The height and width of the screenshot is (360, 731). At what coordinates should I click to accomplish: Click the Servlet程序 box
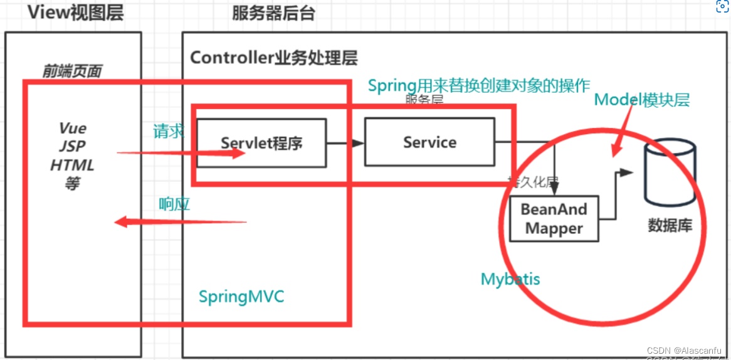[x=261, y=142]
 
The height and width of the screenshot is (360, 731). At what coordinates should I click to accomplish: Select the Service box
[x=429, y=142]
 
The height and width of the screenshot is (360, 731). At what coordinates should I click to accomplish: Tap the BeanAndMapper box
[x=554, y=219]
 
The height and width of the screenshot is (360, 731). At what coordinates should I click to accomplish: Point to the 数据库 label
[x=670, y=226]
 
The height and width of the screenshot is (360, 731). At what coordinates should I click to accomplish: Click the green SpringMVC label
[x=241, y=296]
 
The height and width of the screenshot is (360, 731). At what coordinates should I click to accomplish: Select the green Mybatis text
[x=510, y=279]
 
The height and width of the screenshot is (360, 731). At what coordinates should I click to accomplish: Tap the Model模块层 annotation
[x=642, y=100]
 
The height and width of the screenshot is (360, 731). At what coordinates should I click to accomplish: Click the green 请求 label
[x=169, y=132]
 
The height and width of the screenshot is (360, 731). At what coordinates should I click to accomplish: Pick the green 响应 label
[x=174, y=204]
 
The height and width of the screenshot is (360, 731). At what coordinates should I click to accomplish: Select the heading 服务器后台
[x=273, y=13]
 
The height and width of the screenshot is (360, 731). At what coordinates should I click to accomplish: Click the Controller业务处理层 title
[x=273, y=58]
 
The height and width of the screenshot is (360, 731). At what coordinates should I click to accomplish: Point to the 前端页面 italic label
[x=72, y=71]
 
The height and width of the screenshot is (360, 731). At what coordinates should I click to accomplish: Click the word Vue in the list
[x=73, y=128]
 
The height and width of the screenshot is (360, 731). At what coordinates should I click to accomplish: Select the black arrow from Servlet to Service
[x=345, y=143]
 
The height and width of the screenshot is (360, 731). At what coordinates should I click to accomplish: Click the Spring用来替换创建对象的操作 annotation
[x=478, y=85]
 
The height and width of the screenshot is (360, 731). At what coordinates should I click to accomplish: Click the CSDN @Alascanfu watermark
[x=684, y=350]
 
